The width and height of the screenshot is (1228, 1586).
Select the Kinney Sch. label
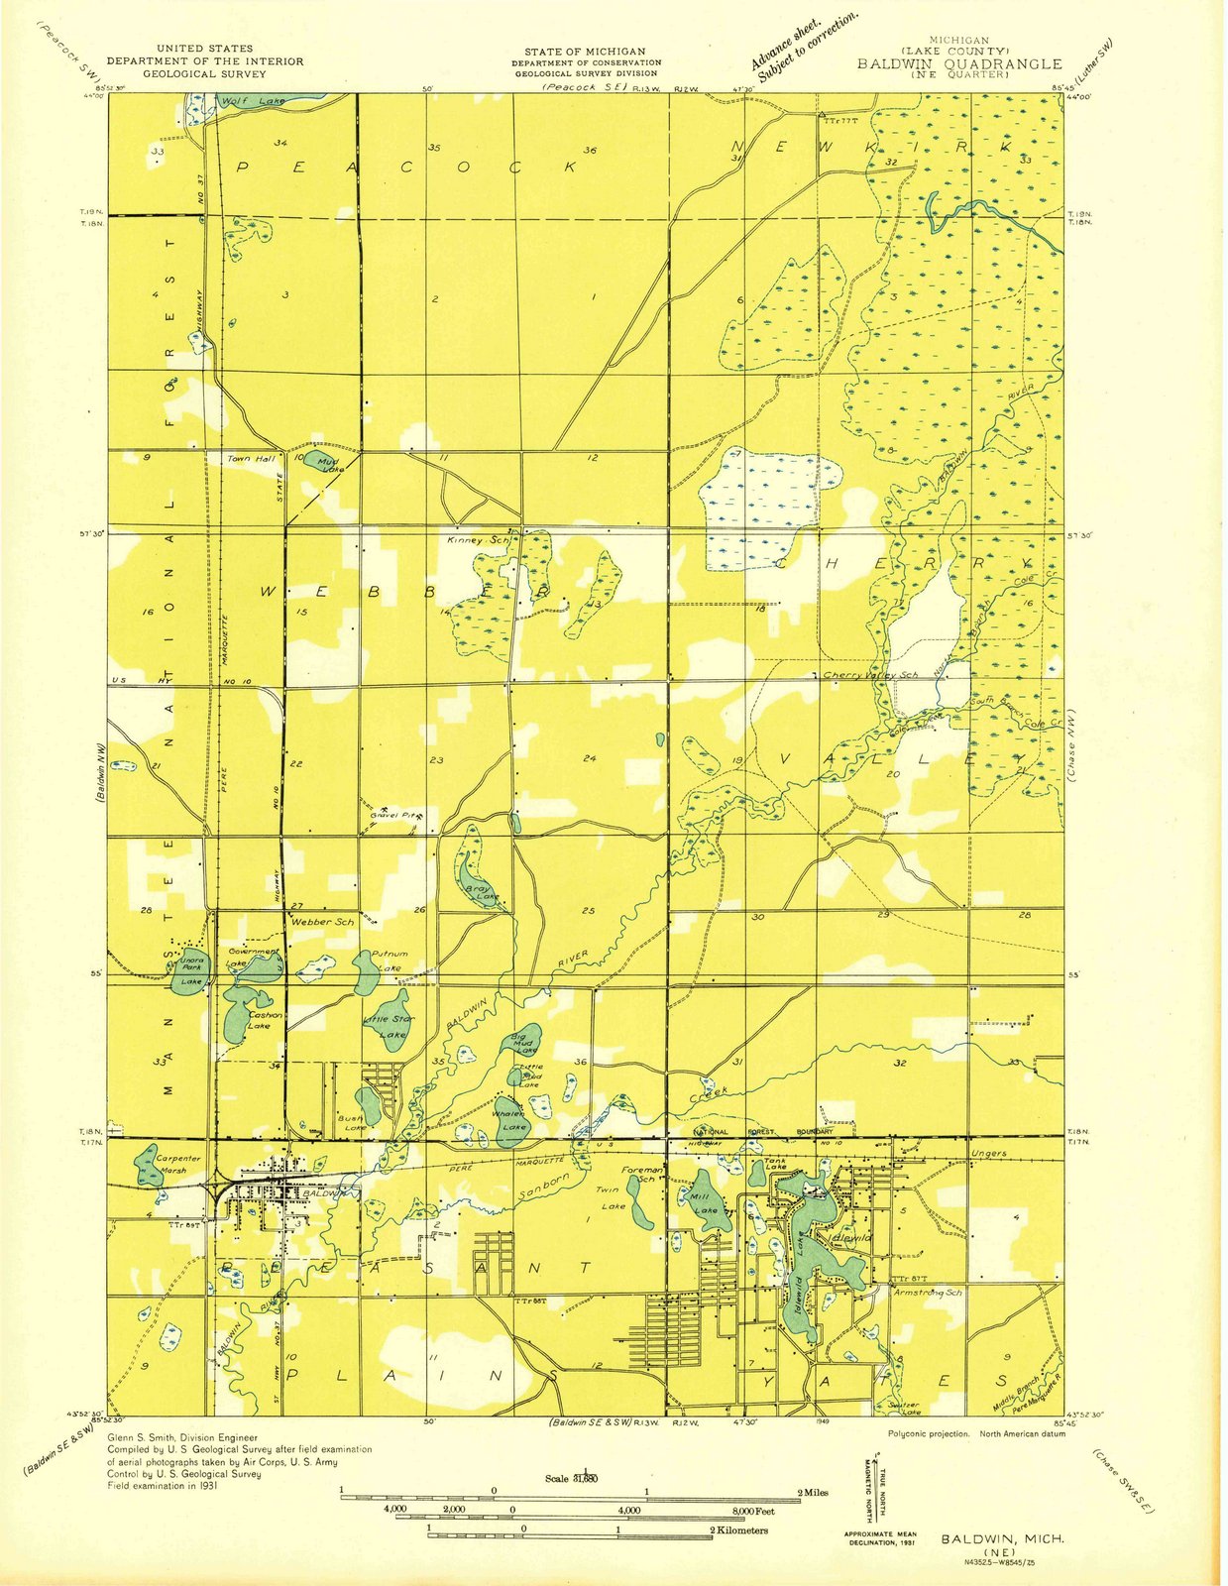(x=478, y=541)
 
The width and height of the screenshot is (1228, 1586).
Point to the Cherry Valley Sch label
(x=872, y=675)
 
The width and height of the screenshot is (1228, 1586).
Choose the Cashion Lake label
(x=265, y=1020)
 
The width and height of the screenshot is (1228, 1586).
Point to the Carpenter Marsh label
(x=178, y=1164)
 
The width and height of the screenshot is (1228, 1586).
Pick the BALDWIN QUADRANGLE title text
(x=959, y=63)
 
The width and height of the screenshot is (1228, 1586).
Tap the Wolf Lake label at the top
(x=240, y=101)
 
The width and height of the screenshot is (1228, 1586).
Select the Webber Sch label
(x=322, y=922)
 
